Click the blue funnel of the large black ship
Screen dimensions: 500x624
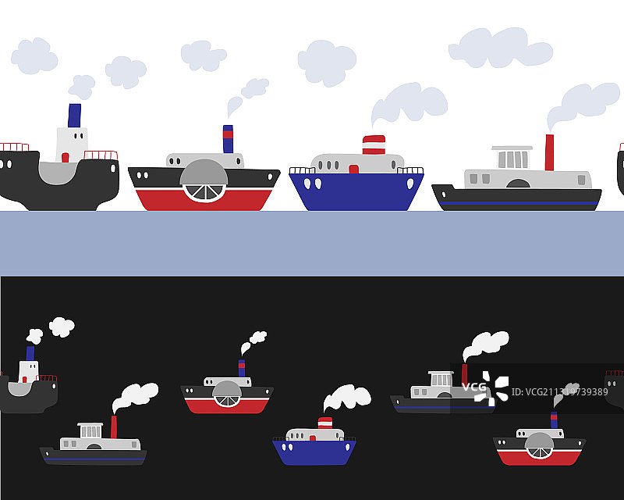click(x=74, y=115)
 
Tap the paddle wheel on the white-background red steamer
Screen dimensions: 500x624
click(x=204, y=181)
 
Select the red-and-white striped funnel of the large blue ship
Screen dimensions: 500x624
click(x=374, y=145)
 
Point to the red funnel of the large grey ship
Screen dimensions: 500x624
click(x=549, y=152)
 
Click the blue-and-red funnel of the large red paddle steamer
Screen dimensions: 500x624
click(x=228, y=138)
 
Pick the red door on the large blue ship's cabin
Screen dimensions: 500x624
click(x=353, y=169)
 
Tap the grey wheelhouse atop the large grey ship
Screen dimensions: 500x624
click(x=512, y=157)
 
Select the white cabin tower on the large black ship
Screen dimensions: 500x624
click(x=71, y=145)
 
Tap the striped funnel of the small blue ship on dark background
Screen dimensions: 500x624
click(x=324, y=423)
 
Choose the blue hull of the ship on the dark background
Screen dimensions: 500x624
click(x=314, y=452)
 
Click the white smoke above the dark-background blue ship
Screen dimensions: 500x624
click(x=348, y=397)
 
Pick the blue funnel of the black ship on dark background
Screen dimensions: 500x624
click(x=30, y=353)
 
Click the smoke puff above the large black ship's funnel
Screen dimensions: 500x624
click(x=81, y=85)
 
